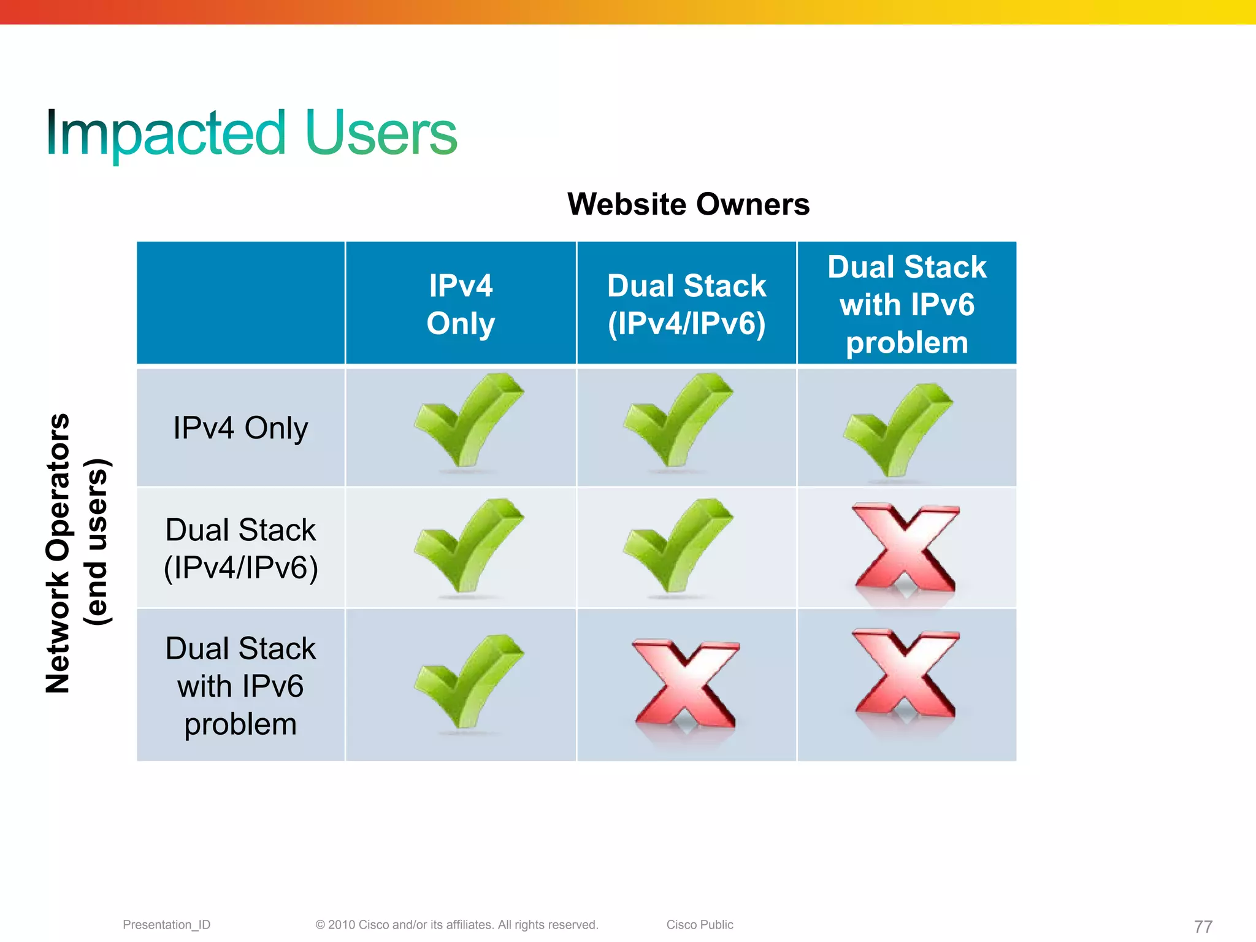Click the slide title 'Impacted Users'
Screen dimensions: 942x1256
click(x=251, y=133)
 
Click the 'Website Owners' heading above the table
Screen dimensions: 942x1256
click(x=688, y=204)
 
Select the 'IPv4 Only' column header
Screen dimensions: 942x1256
click(x=461, y=304)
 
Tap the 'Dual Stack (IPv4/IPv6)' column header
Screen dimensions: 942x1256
click(x=686, y=304)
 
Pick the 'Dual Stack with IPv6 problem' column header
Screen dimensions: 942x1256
click(x=906, y=304)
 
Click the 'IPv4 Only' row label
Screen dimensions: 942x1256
click(x=240, y=428)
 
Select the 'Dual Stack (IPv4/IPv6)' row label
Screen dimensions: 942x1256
click(x=240, y=548)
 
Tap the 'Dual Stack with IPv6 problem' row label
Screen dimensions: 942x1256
click(x=240, y=686)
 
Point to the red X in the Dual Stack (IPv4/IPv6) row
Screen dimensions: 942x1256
click(x=905, y=548)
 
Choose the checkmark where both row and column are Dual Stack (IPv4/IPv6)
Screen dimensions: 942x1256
click(x=676, y=546)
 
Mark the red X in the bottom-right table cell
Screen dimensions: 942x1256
click(x=905, y=673)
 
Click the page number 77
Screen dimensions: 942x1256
click(x=1203, y=926)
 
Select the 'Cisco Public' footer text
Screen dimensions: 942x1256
click(x=700, y=925)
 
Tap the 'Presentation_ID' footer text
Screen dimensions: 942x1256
click(x=166, y=925)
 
